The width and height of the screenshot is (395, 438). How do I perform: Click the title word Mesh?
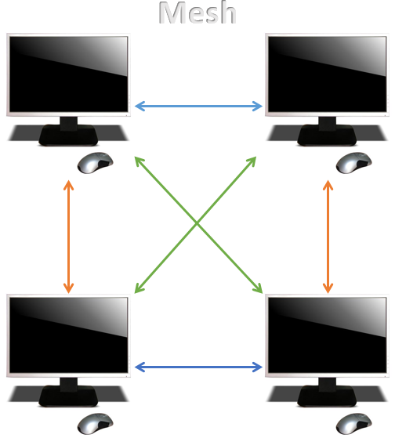click(197, 13)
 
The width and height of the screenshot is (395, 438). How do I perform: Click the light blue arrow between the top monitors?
click(198, 106)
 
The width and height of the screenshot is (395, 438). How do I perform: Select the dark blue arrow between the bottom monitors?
click(198, 367)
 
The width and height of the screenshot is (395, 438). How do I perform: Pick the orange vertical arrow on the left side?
click(68, 237)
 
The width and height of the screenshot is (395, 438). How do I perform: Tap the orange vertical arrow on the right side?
click(328, 237)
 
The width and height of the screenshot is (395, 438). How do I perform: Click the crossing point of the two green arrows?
click(197, 223)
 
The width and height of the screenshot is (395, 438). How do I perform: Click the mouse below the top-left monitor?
click(95, 162)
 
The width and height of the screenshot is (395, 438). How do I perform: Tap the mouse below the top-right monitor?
click(353, 162)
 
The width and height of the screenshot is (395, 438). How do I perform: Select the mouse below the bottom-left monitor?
click(95, 423)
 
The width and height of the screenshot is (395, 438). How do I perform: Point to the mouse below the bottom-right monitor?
click(353, 423)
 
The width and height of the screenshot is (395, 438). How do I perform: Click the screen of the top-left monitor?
click(68, 74)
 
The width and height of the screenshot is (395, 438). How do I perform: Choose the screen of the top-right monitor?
click(327, 74)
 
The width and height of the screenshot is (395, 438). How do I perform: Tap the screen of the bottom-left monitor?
click(68, 335)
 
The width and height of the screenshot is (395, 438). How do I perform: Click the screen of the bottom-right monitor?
click(327, 335)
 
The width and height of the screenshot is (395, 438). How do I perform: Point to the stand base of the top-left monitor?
click(68, 136)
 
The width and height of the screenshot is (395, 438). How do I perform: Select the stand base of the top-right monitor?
click(327, 136)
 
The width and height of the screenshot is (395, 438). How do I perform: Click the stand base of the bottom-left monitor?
click(68, 396)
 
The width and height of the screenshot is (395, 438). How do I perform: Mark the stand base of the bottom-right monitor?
click(327, 396)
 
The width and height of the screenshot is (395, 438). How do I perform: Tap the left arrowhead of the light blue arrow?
click(140, 106)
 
